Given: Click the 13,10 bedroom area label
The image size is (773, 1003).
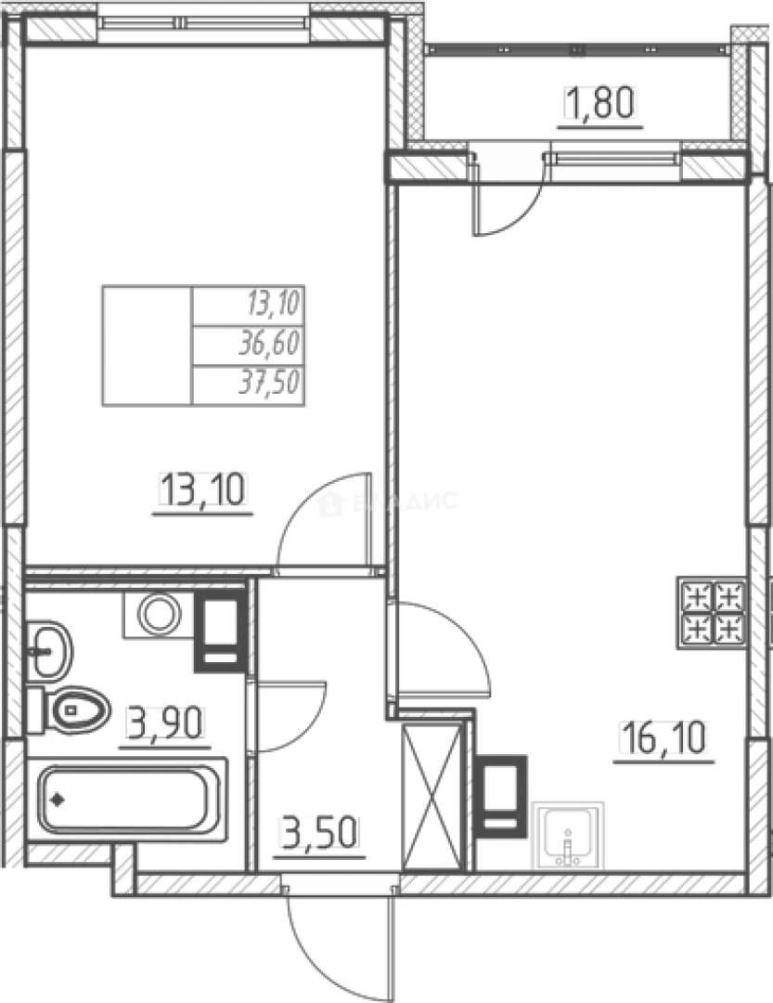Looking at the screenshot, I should pyautogui.click(x=205, y=489).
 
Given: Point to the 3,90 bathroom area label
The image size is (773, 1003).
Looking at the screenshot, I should pyautogui.click(x=165, y=723).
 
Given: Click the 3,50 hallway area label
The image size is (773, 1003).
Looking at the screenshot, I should pyautogui.click(x=318, y=832).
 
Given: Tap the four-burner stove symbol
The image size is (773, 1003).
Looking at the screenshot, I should pyautogui.click(x=712, y=614).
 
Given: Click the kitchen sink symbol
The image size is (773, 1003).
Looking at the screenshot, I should pyautogui.click(x=568, y=836).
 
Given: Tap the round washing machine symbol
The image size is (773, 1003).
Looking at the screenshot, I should pyautogui.click(x=159, y=614).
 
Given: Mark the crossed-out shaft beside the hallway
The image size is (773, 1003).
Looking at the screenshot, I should pyautogui.click(x=432, y=795).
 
